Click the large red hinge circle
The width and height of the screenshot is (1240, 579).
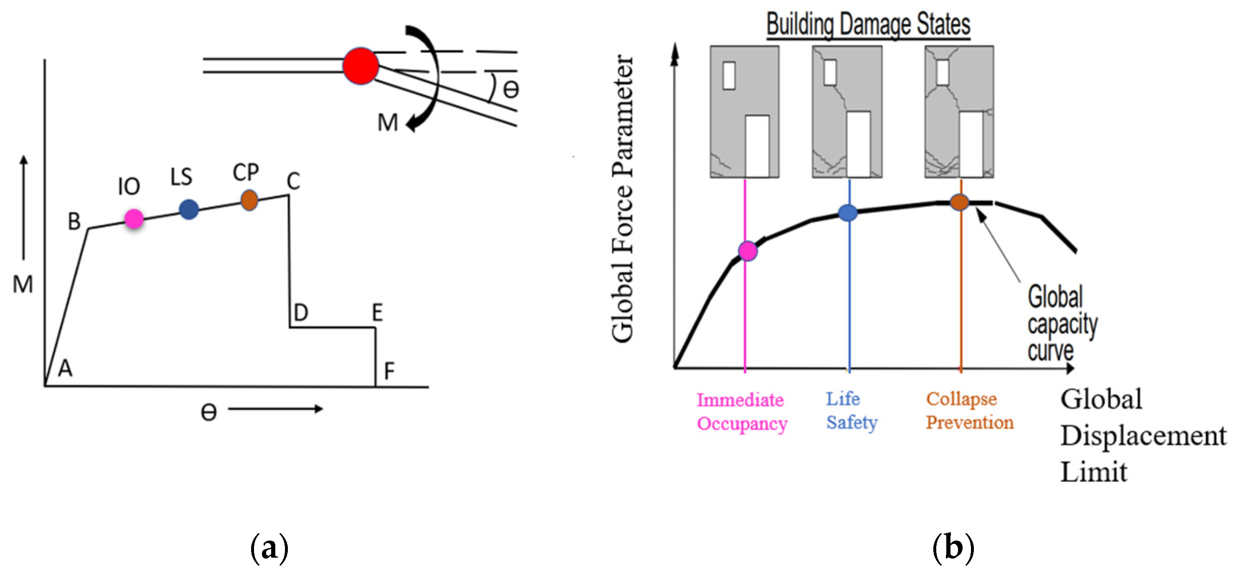pos(361,66)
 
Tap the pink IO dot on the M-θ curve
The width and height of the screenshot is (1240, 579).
pos(134,218)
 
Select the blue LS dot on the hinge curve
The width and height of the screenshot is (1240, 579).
pos(189,209)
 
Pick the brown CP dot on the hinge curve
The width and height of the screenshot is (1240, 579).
pos(249,199)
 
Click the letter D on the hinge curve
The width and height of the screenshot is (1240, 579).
pos(300,313)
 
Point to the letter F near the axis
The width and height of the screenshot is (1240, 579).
pos(389,371)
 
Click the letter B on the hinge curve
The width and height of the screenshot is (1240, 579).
pos(74,221)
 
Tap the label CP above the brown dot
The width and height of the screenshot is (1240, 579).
pos(246,172)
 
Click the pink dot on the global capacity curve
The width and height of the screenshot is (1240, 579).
pos(747,251)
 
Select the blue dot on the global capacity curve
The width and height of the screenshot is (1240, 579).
pos(848,212)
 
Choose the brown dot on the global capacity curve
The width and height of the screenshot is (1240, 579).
pos(959,202)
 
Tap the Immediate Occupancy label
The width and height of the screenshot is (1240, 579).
pos(741,412)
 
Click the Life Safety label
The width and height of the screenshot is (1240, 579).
pos(851,411)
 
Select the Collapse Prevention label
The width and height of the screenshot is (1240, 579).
pos(969,411)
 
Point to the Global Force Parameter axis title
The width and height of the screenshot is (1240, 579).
pos(623,198)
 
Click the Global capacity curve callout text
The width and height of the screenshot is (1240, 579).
pos(1062,323)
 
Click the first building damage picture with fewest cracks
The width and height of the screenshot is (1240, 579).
pos(744,112)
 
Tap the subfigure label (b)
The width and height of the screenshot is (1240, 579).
pos(953,548)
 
